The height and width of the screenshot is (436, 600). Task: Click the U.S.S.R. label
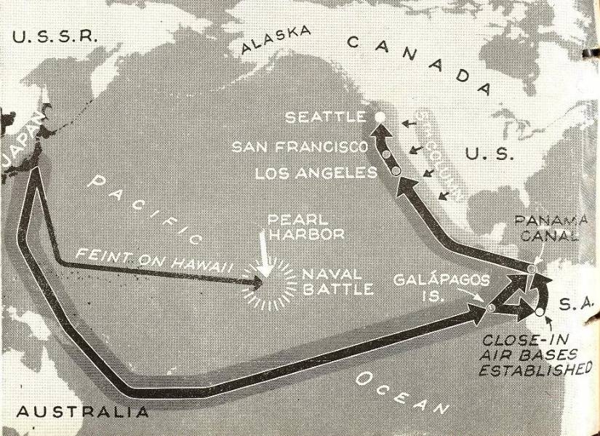[55, 37]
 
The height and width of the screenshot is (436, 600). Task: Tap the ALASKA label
[276, 39]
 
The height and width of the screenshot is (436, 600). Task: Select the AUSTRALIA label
[82, 411]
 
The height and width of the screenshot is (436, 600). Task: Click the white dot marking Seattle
[379, 116]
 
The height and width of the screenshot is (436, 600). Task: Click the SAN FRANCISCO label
[300, 147]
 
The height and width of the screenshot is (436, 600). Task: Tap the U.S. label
[489, 154]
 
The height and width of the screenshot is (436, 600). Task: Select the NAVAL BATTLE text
[338, 282]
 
